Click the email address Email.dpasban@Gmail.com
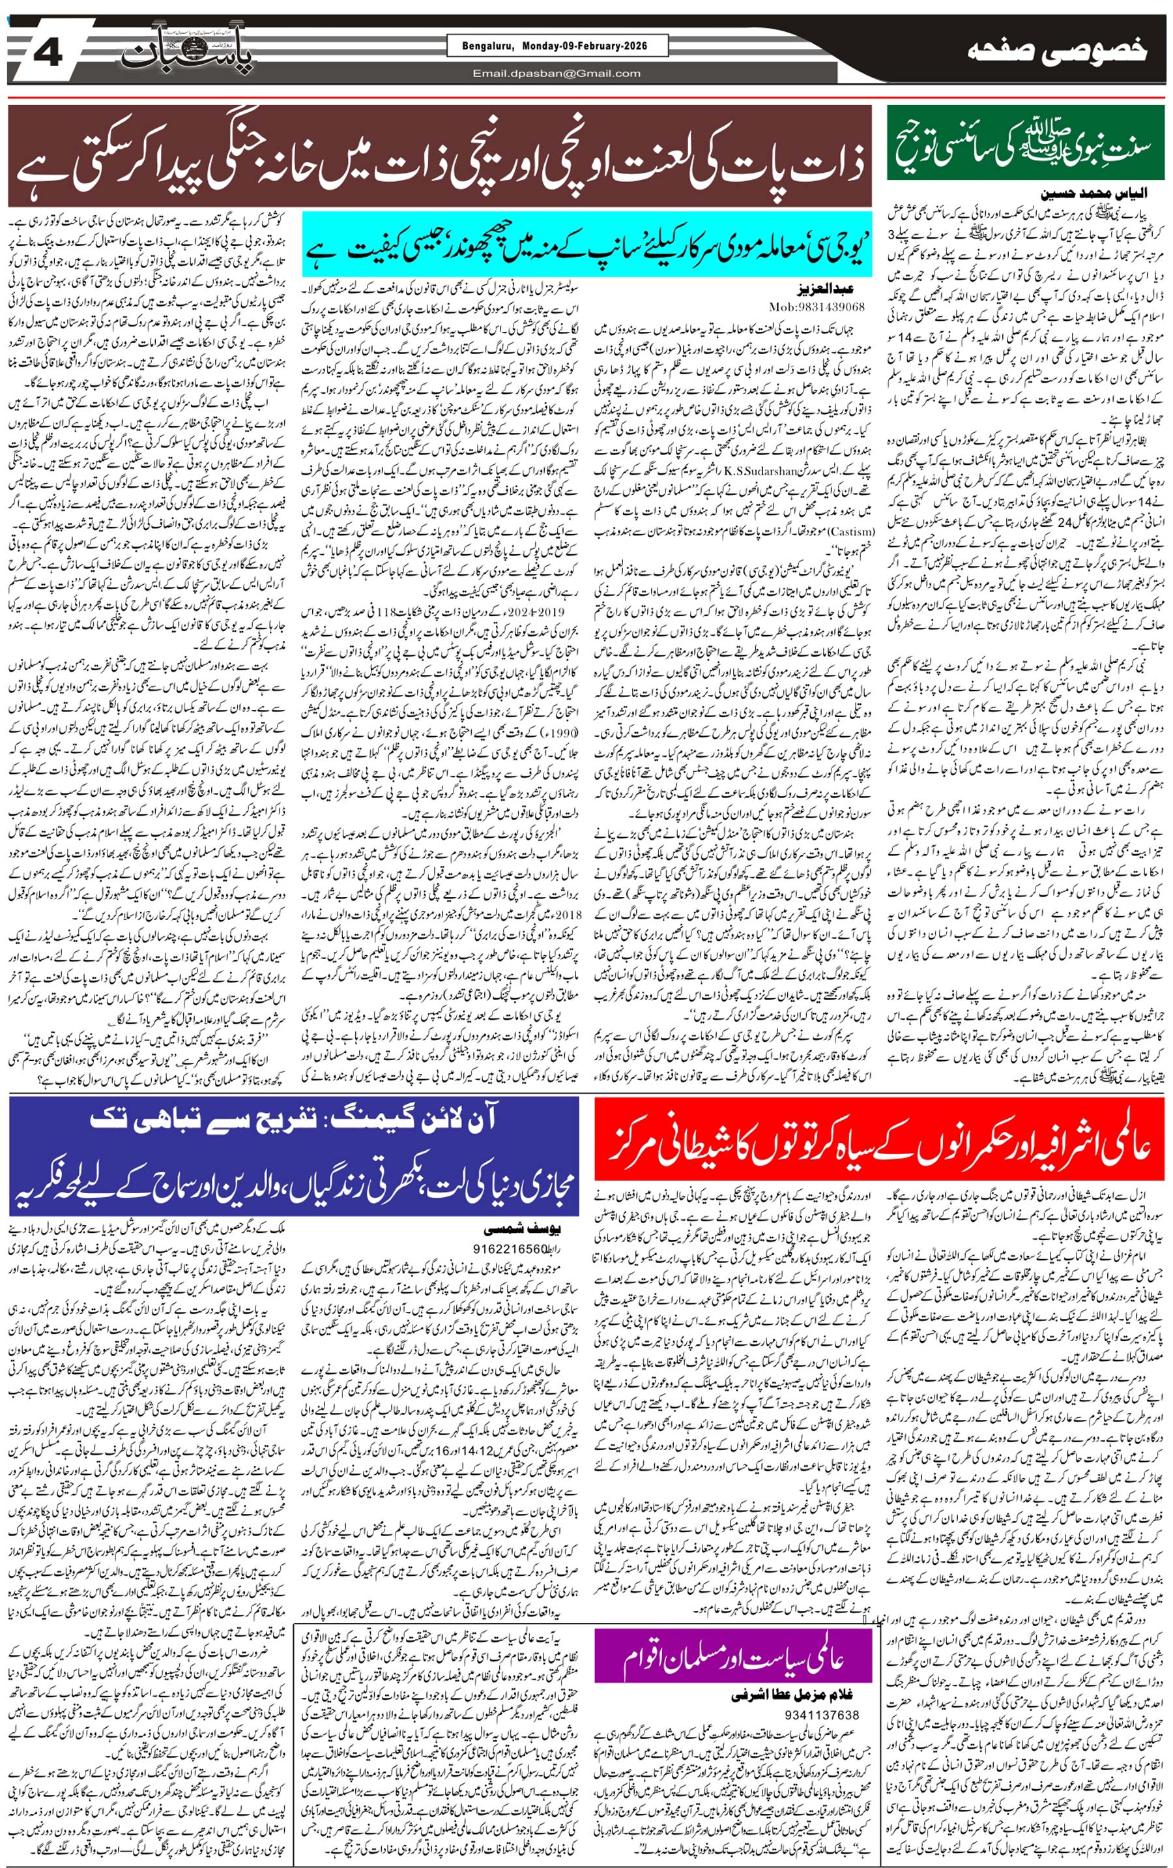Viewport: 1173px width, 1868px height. click(557, 74)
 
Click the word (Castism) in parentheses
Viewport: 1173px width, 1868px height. click(853, 532)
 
